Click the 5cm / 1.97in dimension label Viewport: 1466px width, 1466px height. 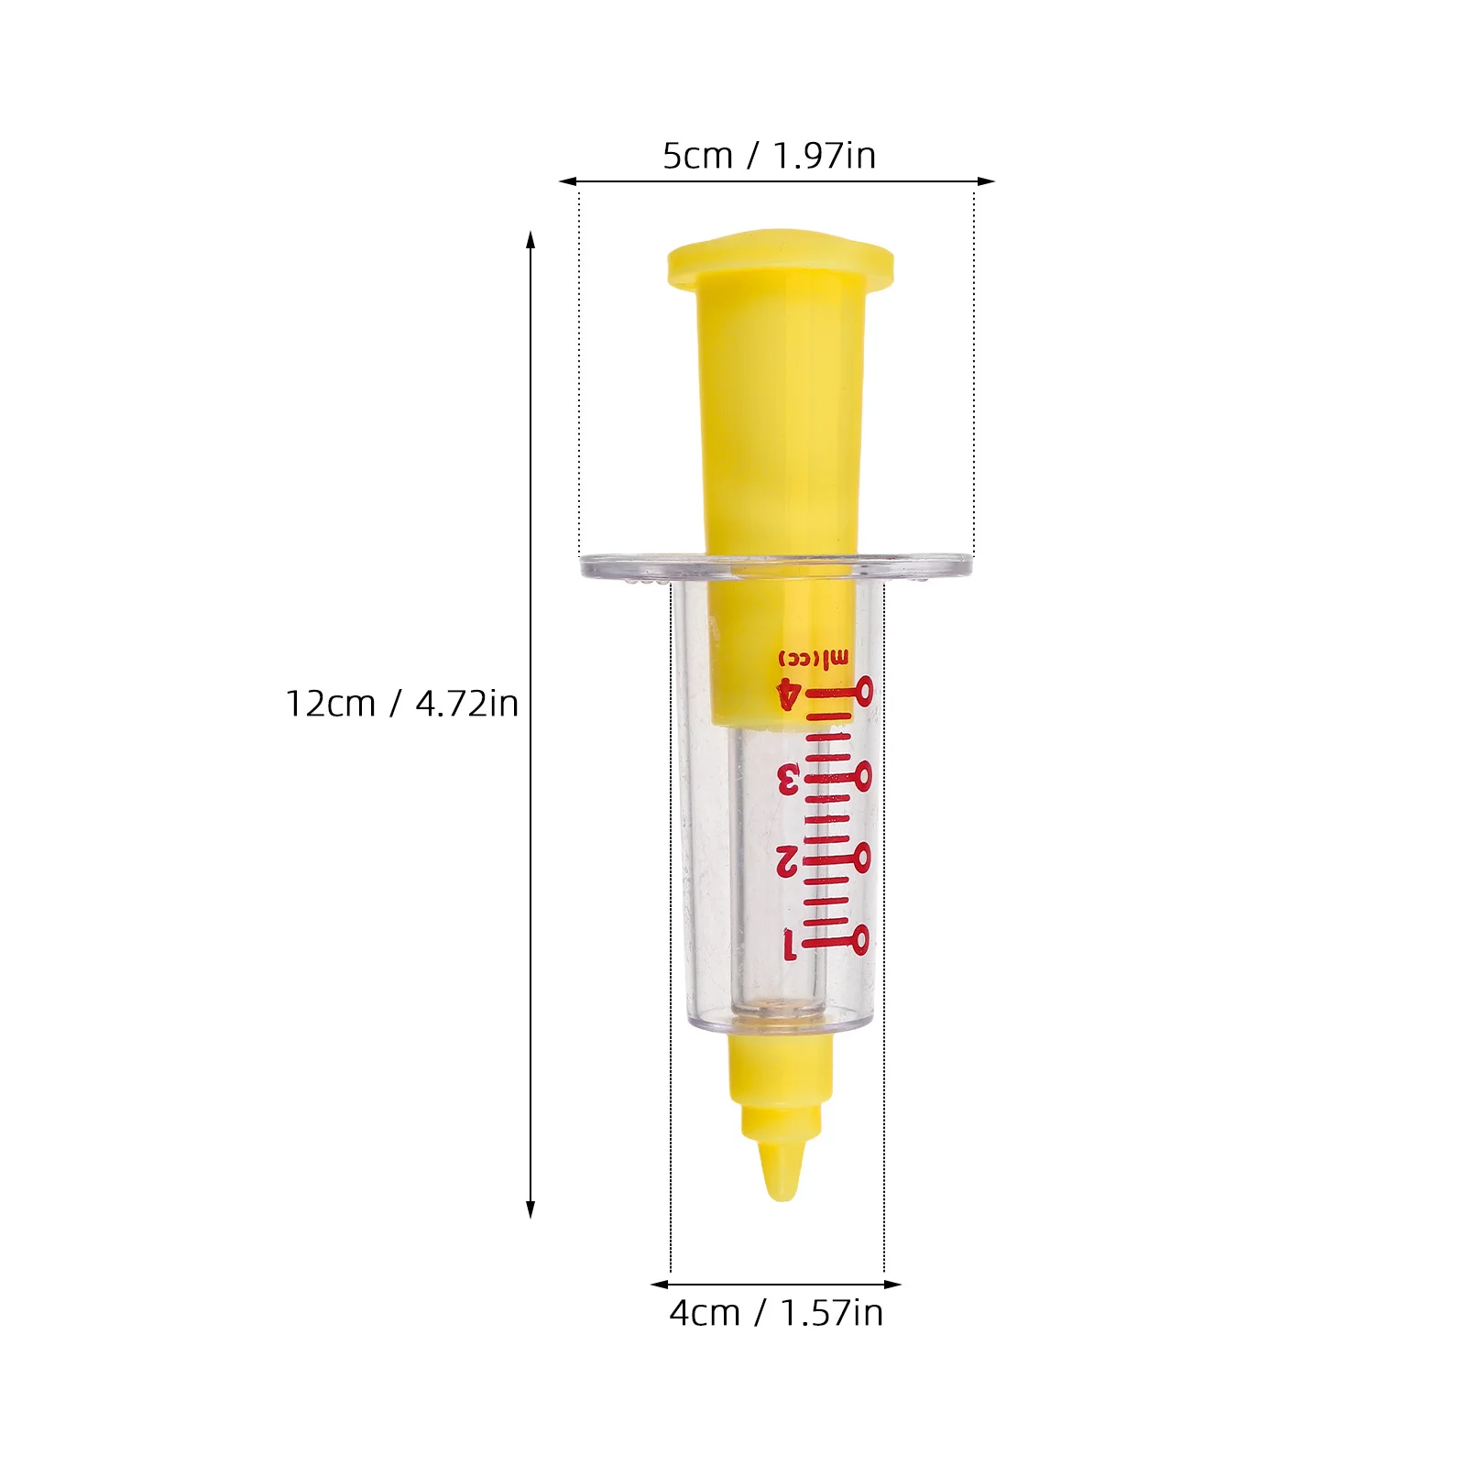point(769,156)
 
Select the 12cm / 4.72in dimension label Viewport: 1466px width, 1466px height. point(401,704)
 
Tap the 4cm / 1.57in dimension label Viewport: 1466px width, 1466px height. point(776,1313)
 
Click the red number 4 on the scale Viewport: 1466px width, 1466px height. point(787,694)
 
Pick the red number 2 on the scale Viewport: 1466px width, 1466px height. point(787,860)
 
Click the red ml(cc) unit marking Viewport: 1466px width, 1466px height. point(814,658)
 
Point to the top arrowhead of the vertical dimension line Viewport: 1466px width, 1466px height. point(531,240)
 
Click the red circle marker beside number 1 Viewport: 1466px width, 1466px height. point(860,938)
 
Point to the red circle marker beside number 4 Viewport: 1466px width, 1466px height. point(863,689)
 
